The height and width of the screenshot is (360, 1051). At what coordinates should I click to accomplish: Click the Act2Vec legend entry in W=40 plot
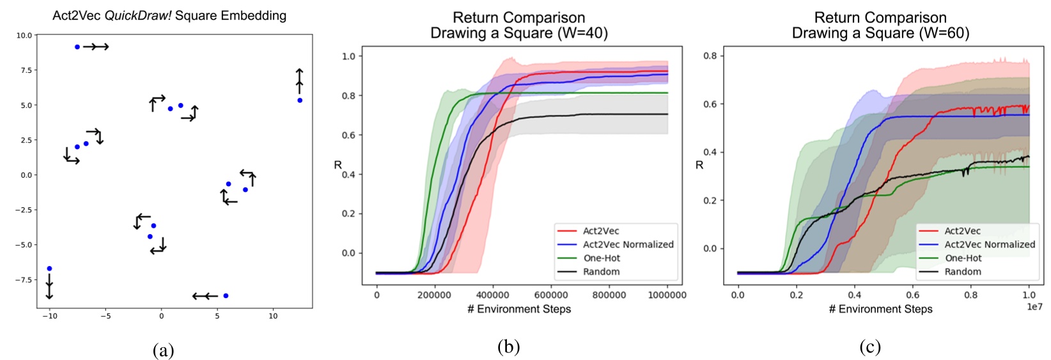coord(600,231)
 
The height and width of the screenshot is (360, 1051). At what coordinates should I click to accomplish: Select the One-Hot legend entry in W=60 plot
coord(963,258)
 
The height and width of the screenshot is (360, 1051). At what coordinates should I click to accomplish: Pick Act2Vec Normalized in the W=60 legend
coord(990,244)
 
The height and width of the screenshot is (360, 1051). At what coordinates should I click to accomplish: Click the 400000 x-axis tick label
coord(493,295)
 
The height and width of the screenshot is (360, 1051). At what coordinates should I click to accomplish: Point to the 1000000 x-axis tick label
coord(666,295)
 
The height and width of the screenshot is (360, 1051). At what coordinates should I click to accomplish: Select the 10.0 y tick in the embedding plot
coord(24,36)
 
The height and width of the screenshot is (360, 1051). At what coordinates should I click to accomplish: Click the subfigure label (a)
coord(164,350)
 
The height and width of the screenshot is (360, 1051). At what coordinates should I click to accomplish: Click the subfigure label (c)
coord(870,347)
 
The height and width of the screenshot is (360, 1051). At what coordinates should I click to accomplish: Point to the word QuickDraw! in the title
coord(140,15)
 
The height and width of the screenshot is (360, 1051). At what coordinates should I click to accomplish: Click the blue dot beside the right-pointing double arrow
coord(77,47)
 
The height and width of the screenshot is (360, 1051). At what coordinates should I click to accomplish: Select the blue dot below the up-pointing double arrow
coord(300,100)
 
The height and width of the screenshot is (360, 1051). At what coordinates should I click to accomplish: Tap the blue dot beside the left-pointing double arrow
coord(226,295)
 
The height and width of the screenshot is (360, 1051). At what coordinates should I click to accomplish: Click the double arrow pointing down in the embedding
coord(49,286)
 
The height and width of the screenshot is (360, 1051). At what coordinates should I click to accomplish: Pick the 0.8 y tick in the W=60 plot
coord(710,56)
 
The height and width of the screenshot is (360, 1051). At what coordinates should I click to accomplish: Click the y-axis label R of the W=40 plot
coord(338,165)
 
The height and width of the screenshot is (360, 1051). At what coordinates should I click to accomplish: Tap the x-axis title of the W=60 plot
coord(880,309)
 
